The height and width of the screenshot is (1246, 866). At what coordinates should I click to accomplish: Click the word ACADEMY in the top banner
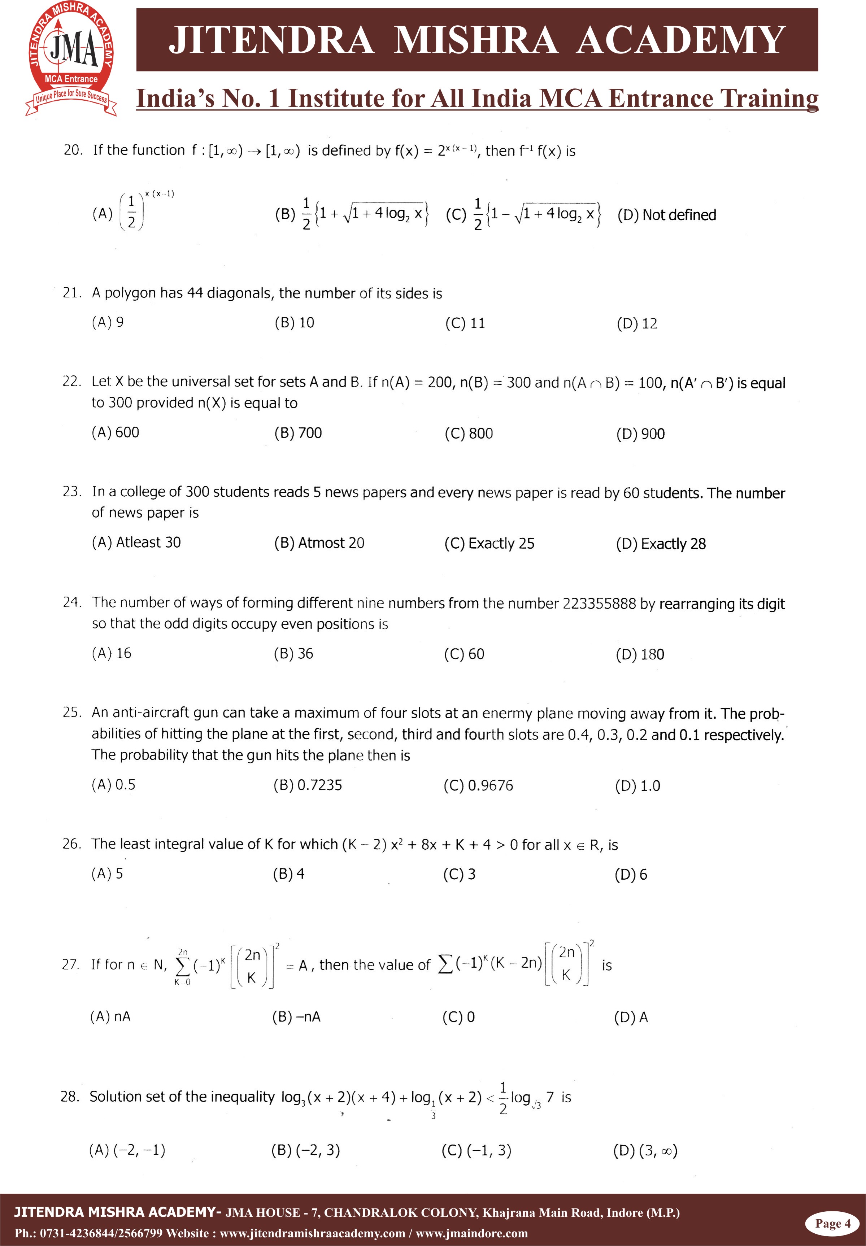tap(680, 40)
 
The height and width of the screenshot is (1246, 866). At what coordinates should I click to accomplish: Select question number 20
tap(73, 150)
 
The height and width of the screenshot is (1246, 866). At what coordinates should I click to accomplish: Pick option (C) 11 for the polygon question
tap(465, 323)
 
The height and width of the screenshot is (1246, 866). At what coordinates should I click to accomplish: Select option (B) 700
tap(298, 433)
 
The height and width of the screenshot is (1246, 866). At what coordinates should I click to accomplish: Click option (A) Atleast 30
tap(136, 543)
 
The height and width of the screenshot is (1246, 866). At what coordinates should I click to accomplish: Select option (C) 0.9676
tap(478, 785)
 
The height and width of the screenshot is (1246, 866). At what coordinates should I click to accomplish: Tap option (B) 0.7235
tap(308, 785)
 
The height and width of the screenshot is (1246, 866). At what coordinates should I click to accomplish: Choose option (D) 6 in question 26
tap(631, 875)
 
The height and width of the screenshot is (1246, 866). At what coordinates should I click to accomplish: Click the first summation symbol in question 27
tap(183, 966)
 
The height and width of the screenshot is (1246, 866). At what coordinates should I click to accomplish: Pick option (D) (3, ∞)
tap(645, 1151)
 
